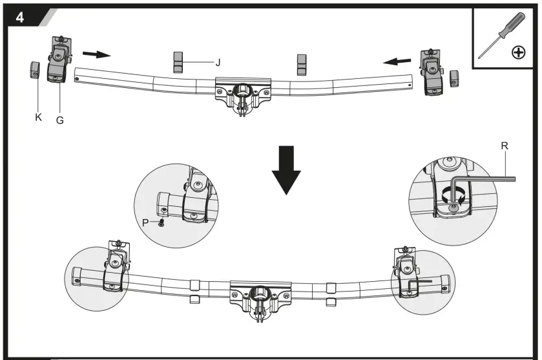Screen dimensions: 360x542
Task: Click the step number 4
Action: (20, 17)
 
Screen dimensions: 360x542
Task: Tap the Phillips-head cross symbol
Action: (518, 53)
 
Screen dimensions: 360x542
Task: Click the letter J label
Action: (218, 63)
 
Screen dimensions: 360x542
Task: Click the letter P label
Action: (146, 221)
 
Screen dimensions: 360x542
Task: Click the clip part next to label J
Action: (178, 62)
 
